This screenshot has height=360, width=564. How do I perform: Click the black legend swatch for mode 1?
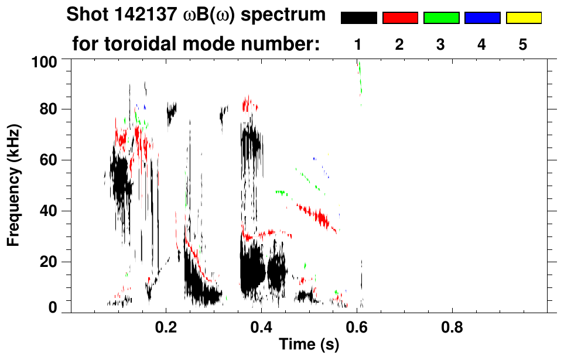coord(359,18)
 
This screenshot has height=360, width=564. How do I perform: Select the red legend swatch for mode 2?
coord(400,18)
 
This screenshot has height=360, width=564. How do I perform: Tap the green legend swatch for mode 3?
coord(441,18)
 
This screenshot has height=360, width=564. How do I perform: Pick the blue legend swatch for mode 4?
coord(482,18)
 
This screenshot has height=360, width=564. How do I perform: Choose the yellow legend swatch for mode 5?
coord(523,18)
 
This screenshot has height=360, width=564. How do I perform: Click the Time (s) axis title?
coord(309,345)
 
